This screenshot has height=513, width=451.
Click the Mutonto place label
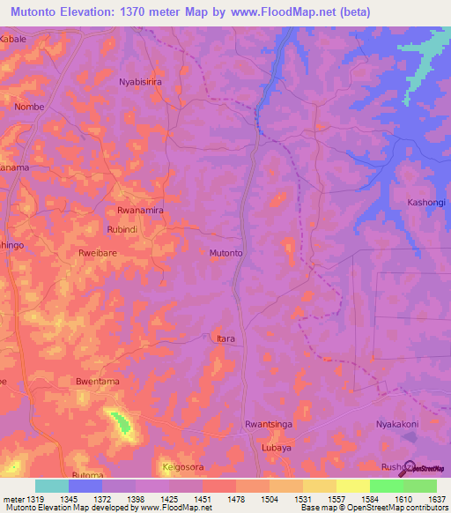click(x=226, y=253)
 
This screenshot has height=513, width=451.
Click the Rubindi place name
click(x=122, y=229)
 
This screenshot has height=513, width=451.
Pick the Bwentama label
click(x=97, y=382)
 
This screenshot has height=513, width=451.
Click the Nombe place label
click(x=29, y=107)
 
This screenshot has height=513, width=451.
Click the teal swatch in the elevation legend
click(x=51, y=486)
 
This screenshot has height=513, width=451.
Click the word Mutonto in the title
click(x=40, y=11)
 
